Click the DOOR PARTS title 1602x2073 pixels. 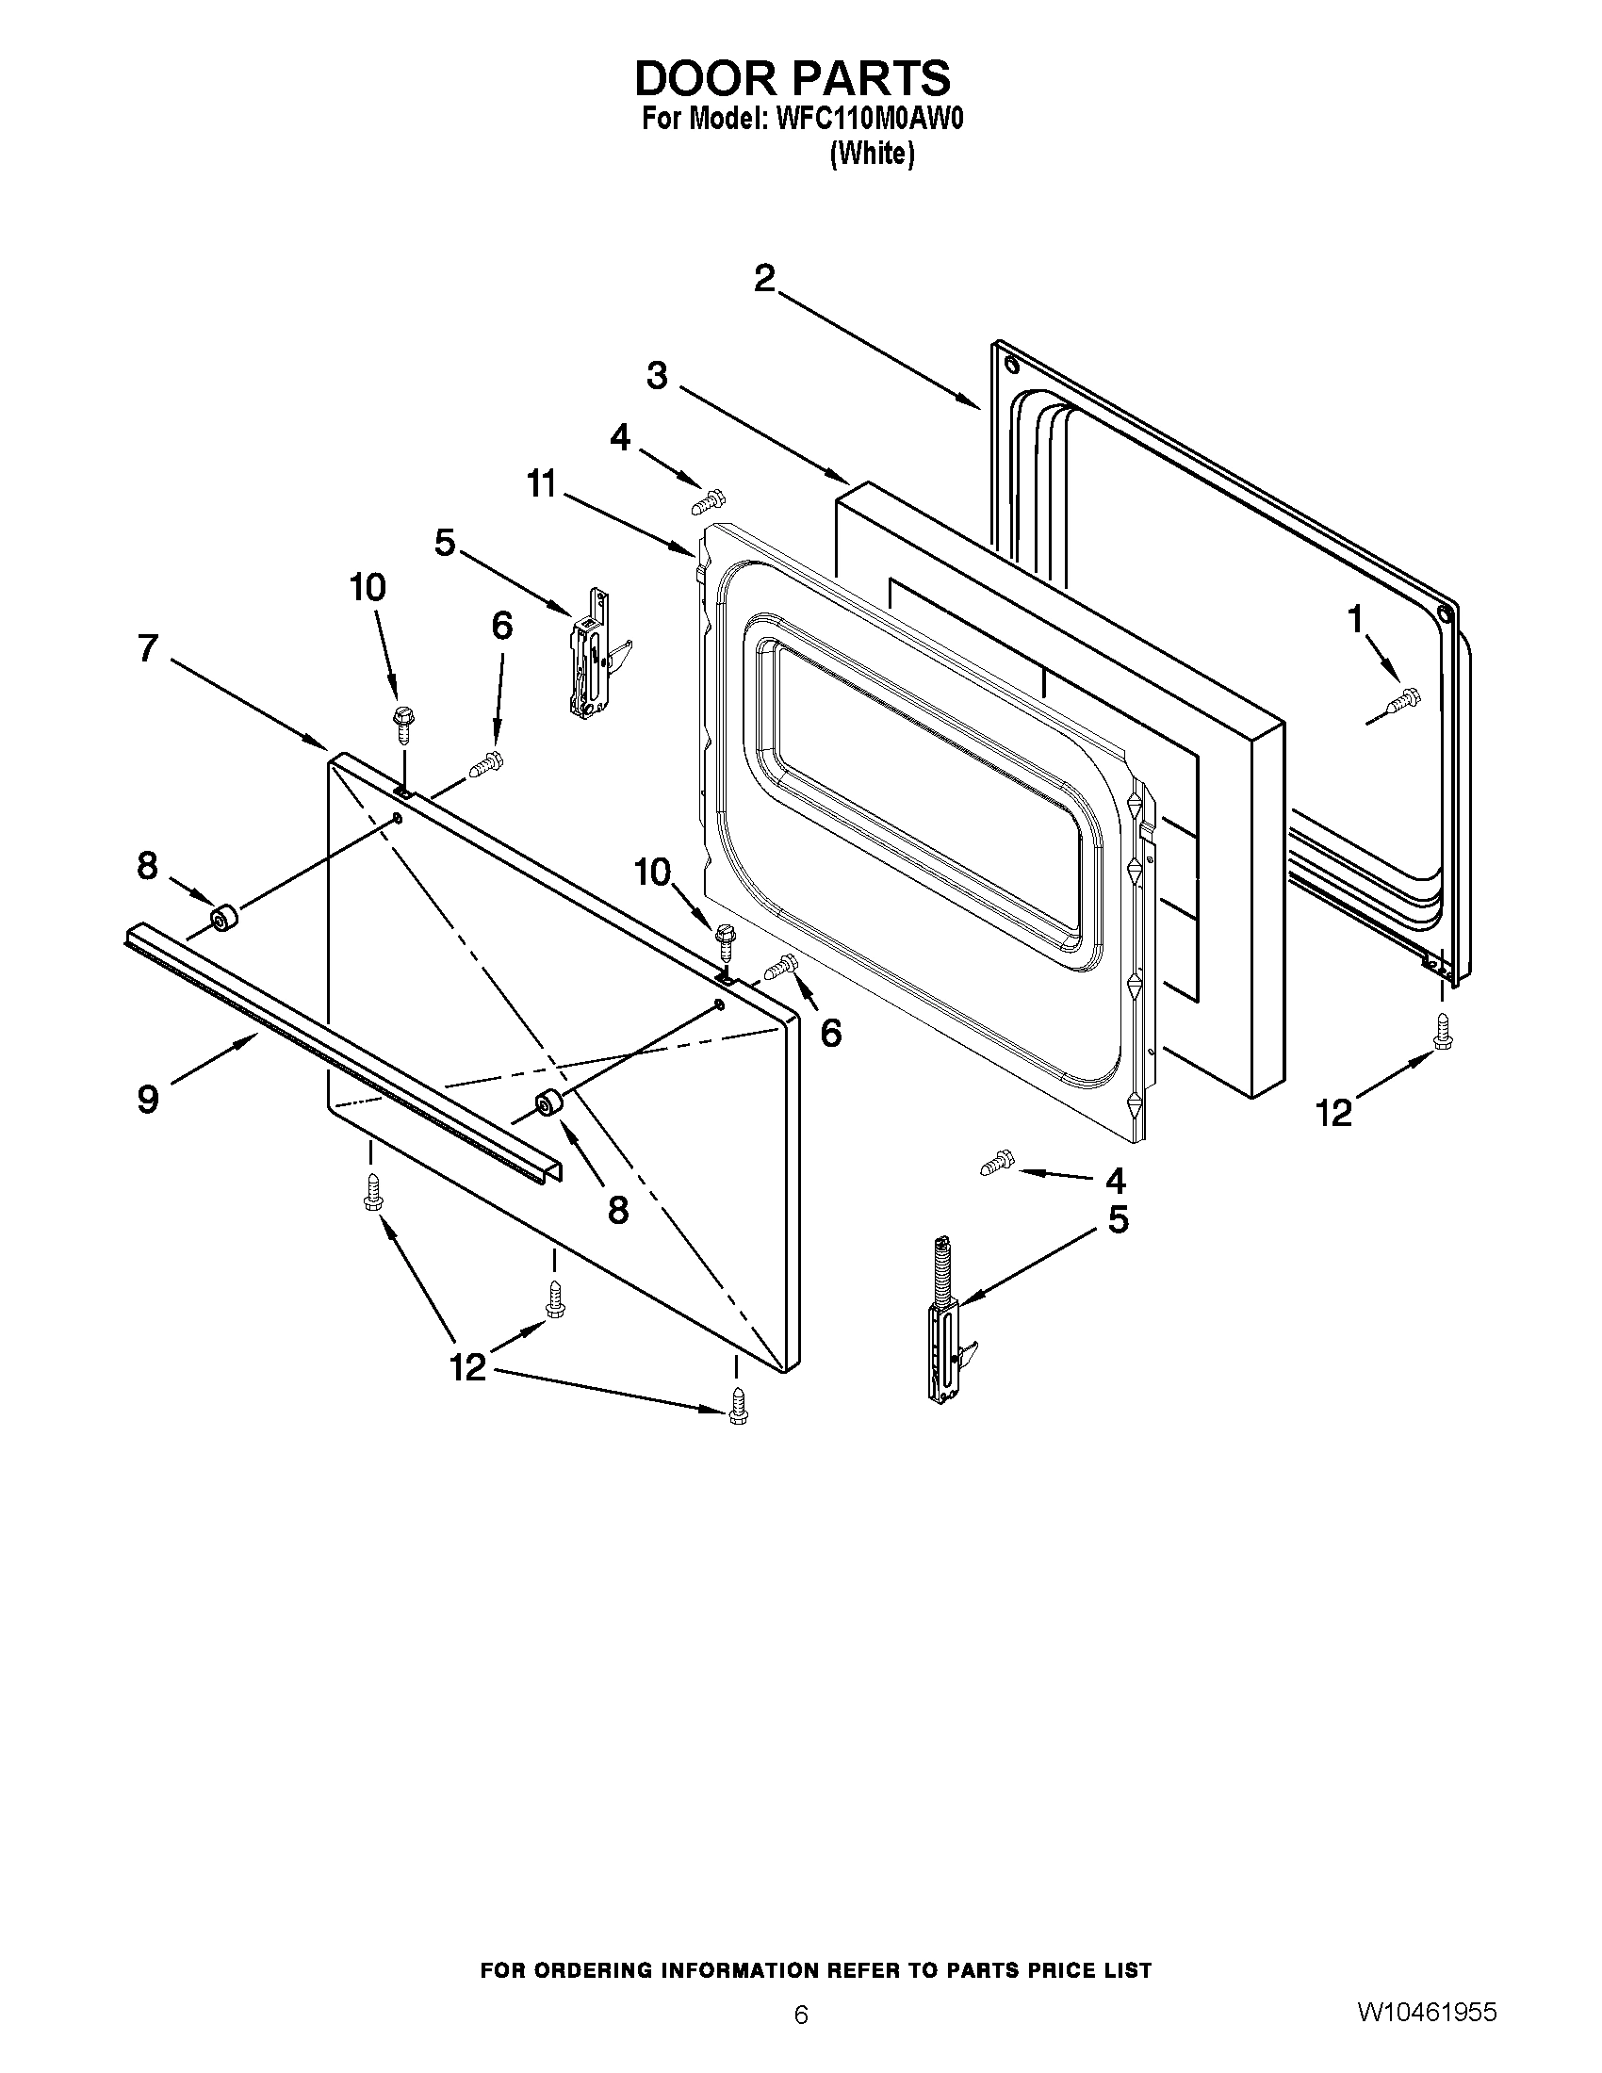coord(792,78)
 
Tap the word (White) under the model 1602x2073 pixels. coord(872,154)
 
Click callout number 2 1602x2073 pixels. coord(764,278)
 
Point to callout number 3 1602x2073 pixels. coord(657,376)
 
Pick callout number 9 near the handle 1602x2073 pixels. coord(148,1099)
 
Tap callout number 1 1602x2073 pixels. coord(1355,619)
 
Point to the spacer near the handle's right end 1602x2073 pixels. coord(549,1105)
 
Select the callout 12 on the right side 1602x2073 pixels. coord(1334,1113)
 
